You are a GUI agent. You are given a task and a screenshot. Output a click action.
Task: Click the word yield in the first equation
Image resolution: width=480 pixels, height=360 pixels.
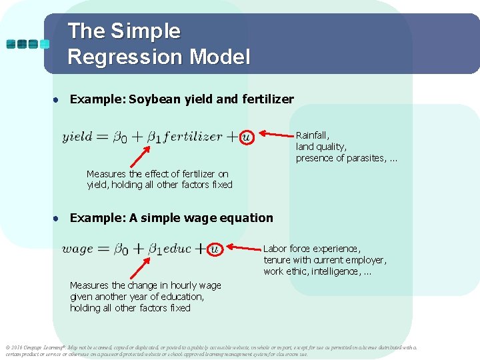point(77,137)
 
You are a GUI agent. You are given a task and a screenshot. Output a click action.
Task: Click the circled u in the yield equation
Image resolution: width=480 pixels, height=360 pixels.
point(247,137)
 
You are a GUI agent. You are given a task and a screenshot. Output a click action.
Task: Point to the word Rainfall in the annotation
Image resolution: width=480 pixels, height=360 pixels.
point(313,135)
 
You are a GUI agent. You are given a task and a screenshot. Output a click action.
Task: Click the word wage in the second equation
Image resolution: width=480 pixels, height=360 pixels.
point(77,249)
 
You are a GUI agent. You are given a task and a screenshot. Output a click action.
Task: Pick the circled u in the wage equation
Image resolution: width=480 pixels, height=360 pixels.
point(214,249)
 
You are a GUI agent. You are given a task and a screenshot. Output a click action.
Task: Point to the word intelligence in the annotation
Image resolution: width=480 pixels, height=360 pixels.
point(337,271)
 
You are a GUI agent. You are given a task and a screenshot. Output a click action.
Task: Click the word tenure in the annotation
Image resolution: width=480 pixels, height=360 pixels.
point(277,260)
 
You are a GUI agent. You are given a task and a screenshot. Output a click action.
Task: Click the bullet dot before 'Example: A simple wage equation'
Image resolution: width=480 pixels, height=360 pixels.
point(59,218)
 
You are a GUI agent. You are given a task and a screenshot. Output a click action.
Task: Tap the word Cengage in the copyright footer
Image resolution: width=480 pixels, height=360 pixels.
point(35,347)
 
